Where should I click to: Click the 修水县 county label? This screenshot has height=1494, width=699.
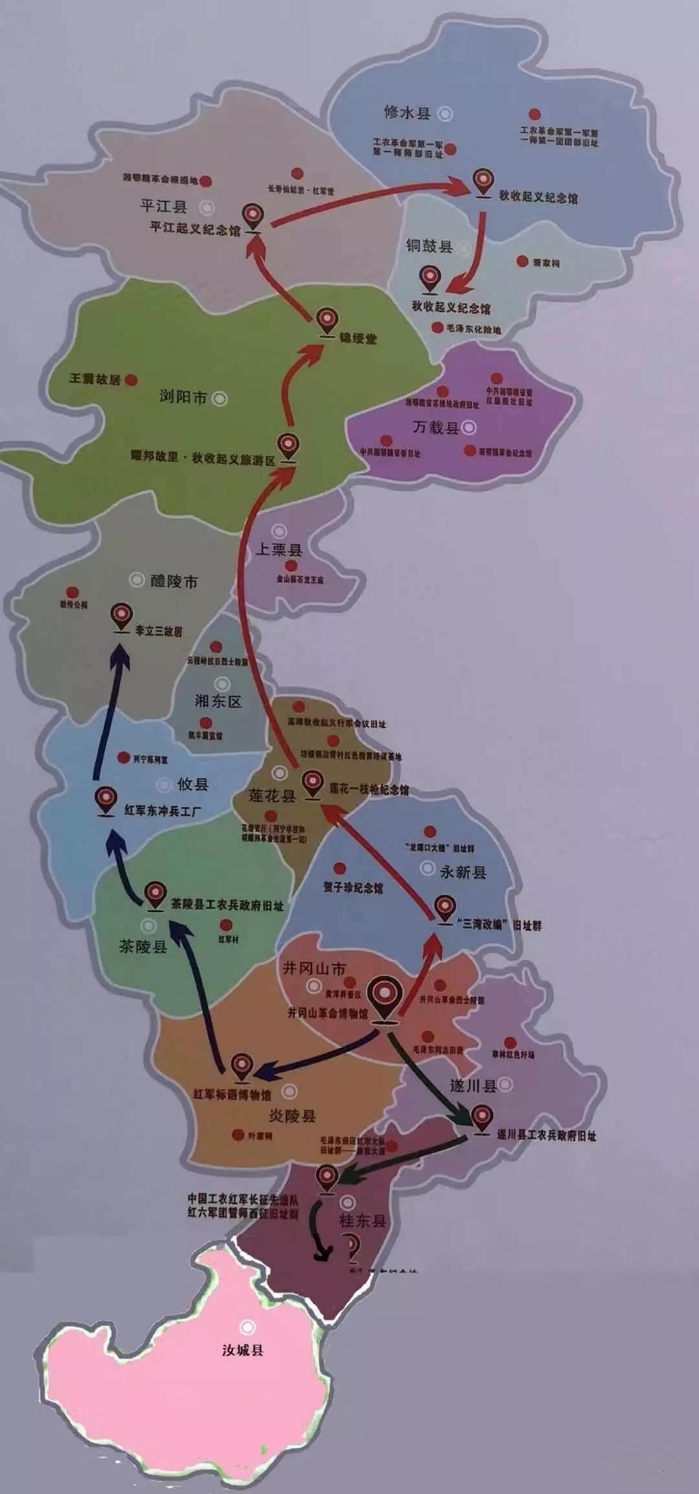click(407, 113)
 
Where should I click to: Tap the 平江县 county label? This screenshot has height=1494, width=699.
click(163, 206)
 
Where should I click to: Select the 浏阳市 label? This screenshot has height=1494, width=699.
click(183, 397)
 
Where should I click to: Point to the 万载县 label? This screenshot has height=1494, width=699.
click(436, 427)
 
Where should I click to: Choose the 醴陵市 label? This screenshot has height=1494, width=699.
click(174, 581)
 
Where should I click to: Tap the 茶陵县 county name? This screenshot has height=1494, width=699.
click(143, 946)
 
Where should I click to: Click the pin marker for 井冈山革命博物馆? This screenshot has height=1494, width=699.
click(384, 997)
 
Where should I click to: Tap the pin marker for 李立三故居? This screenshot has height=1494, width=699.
click(122, 615)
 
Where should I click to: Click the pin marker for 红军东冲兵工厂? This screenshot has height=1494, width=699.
click(105, 799)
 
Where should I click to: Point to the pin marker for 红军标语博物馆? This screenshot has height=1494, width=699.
click(242, 1065)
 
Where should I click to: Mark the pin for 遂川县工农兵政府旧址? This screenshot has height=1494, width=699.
click(482, 1117)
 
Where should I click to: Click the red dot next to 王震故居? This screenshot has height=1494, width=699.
click(131, 380)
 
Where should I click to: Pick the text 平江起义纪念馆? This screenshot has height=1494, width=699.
click(195, 229)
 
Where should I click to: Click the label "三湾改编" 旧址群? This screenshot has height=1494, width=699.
click(498, 926)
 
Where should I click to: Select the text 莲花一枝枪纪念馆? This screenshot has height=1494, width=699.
click(369, 790)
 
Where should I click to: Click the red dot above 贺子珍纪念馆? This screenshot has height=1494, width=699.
click(339, 868)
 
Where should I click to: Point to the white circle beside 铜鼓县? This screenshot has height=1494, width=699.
click(463, 247)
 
